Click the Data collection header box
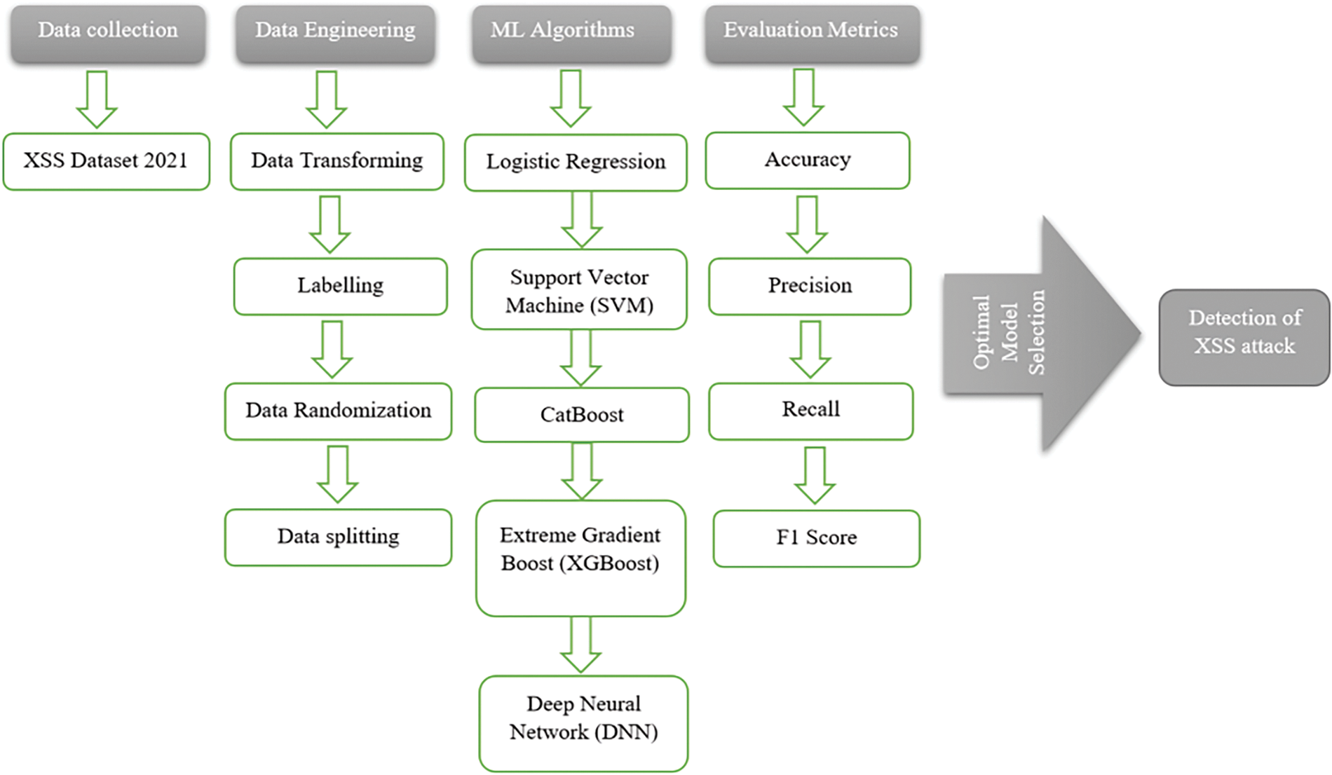tap(108, 34)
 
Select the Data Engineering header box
tap(335, 34)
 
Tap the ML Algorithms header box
tap(571, 34)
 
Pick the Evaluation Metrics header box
tap(813, 34)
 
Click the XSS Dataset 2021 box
tap(107, 161)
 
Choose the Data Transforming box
tap(337, 161)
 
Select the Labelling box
tap(341, 287)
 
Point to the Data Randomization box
tap(338, 411)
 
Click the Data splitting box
tap(338, 537)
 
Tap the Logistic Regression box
tap(576, 163)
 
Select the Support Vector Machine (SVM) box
tap(579, 289)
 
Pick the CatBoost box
tap(582, 415)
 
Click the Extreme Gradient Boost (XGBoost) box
tap(580, 558)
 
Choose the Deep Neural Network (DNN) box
tap(583, 724)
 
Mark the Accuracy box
tap(808, 160)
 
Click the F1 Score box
tap(817, 538)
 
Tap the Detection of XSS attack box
tap(1244, 338)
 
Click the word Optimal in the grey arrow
tap(981, 332)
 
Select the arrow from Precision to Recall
tap(810, 350)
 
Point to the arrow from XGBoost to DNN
tap(580, 645)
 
